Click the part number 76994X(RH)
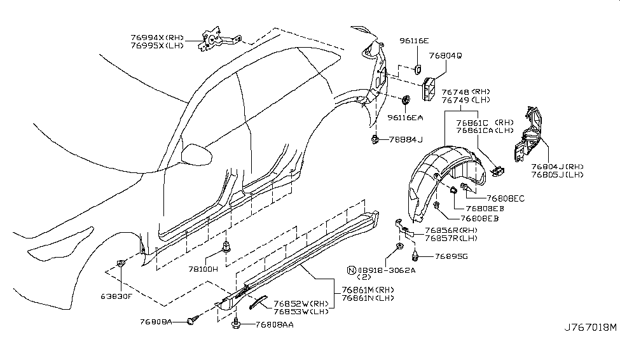coord(156,38)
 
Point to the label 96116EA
coord(406,118)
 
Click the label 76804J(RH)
coord(557,167)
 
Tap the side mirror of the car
coord(192,153)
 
